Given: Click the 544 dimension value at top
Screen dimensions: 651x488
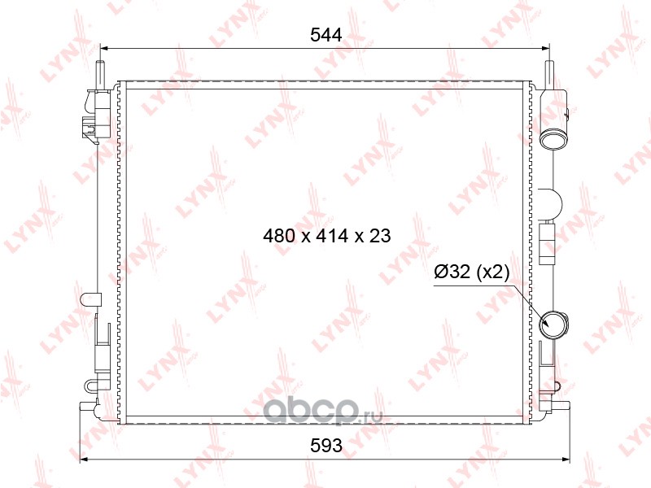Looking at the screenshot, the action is pos(326,35).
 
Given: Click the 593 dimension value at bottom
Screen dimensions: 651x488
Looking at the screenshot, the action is pos(326,445).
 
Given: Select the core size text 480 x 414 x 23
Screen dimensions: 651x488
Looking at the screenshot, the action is pos(327,236).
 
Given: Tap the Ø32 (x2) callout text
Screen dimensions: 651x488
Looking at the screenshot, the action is pos(471,272).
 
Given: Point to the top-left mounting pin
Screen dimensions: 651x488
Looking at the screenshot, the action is pos(100,74).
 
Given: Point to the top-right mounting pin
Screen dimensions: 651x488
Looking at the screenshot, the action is pos(549,74).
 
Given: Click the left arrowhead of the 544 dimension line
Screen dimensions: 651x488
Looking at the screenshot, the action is pos(104,49).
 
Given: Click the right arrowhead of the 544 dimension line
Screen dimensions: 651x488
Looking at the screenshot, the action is pos(546,49).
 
